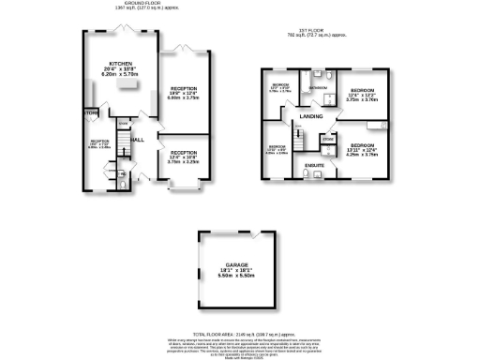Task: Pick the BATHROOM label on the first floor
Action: pyautogui.click(x=318, y=87)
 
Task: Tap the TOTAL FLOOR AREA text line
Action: pyautogui.click(x=240, y=332)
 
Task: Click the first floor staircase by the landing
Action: pyautogui.click(x=299, y=141)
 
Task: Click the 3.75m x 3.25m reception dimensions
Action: pyautogui.click(x=184, y=162)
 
